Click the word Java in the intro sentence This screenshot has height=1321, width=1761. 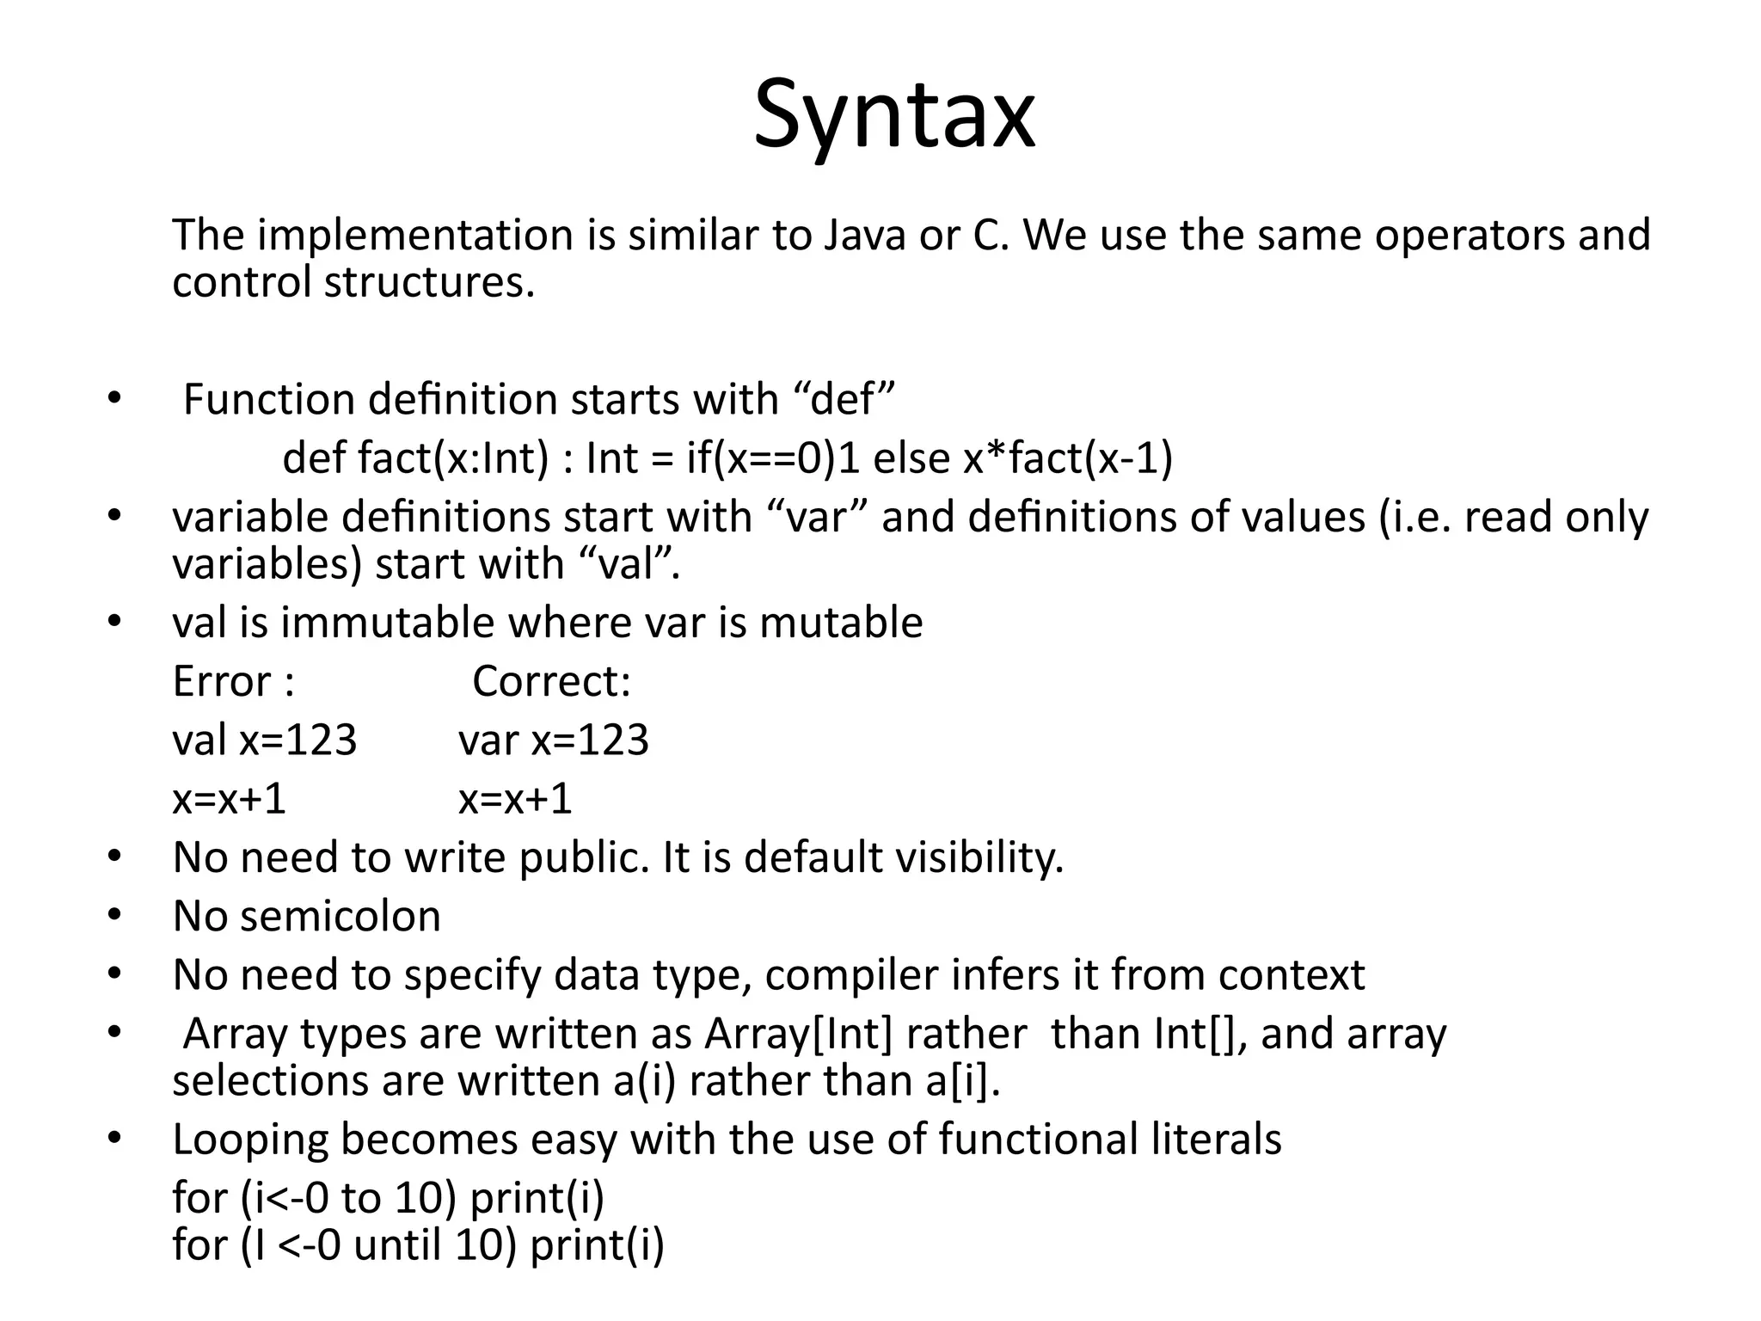point(864,235)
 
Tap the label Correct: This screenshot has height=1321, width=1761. point(552,682)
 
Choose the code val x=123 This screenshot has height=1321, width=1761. point(264,740)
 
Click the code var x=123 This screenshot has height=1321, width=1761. point(554,740)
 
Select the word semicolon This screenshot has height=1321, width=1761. point(341,917)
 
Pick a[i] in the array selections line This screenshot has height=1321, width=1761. point(962,1081)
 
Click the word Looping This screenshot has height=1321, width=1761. point(250,1140)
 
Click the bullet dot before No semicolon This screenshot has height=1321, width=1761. point(115,915)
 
